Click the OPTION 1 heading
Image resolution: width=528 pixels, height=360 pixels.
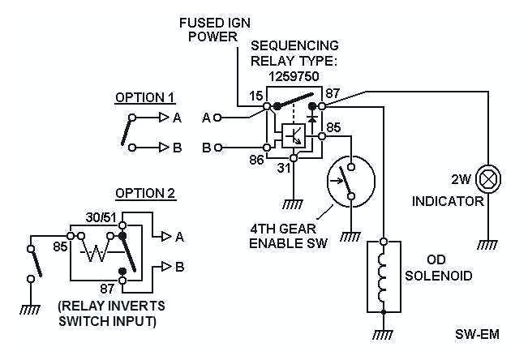point(145,98)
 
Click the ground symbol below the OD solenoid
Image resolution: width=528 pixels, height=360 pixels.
point(383,333)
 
